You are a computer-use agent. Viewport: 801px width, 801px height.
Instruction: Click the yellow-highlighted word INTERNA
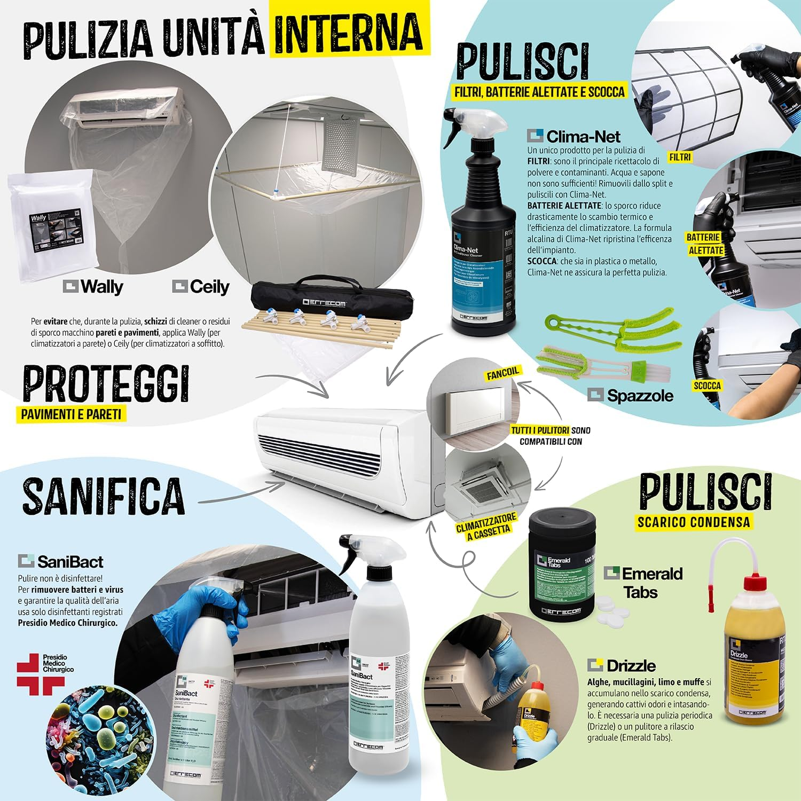[x=349, y=32]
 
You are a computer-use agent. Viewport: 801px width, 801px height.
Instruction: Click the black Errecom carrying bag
[x=332, y=302]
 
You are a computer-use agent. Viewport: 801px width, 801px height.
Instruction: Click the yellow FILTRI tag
[x=680, y=157]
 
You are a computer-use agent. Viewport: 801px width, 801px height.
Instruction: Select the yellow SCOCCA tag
[x=707, y=386]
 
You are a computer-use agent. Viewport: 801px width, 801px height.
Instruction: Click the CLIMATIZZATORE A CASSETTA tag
[x=486, y=526]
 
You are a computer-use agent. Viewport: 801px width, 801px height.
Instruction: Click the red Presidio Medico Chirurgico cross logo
[x=40, y=674]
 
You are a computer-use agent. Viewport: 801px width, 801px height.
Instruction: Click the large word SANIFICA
[x=103, y=495]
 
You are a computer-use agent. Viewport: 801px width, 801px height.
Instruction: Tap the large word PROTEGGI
[x=106, y=383]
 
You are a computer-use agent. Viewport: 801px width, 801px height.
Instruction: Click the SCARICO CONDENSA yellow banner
[x=694, y=522]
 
